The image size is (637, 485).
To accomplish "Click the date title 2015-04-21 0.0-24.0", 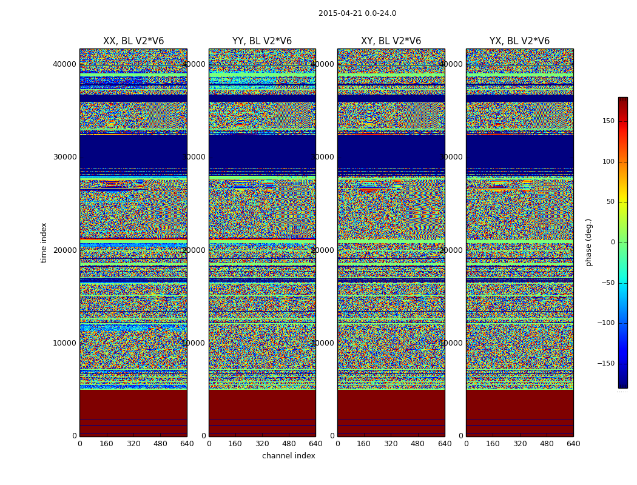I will [x=357, y=13].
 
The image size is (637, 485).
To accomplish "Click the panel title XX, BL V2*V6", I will [x=133, y=41].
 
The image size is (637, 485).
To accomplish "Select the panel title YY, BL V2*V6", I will [x=262, y=41].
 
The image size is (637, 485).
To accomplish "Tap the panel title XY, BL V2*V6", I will [x=391, y=41].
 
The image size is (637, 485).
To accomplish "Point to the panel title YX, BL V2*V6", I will [x=519, y=41].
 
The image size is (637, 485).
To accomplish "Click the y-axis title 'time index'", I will [x=44, y=242].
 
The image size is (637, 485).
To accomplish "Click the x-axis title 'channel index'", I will [x=288, y=456].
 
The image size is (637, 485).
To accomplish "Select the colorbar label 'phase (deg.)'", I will [x=588, y=242].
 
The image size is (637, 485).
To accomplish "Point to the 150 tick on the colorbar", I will [x=608, y=121].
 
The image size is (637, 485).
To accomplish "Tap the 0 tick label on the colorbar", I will [x=613, y=242].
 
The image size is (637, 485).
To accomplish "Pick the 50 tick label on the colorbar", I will [x=610, y=202].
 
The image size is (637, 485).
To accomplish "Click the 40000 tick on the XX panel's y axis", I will [x=65, y=64].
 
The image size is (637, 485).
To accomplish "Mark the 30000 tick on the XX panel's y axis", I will [x=65, y=157].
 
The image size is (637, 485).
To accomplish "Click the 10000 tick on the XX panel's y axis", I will [x=65, y=343].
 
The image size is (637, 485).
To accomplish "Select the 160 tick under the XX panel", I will [x=107, y=444].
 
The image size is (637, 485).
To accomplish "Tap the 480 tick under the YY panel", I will [x=289, y=444].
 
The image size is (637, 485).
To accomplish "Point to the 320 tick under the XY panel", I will [x=391, y=444].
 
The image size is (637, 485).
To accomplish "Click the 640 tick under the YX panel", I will [x=573, y=444].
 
